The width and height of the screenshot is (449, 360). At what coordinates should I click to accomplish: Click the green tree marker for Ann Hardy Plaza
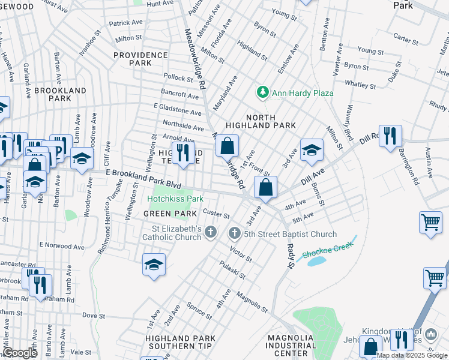point(262,92)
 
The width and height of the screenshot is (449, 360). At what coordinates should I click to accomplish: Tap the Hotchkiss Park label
point(176,199)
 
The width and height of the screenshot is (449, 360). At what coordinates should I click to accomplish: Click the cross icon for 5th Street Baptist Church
point(235,233)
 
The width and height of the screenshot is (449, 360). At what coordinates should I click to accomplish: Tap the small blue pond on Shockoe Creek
point(318,262)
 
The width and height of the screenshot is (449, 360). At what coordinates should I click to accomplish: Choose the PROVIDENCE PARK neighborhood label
point(140,59)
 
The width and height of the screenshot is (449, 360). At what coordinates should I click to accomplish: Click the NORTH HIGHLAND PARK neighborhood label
point(261,121)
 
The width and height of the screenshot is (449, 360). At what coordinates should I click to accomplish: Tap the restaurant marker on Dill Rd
point(390,136)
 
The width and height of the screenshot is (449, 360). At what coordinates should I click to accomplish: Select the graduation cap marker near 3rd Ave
point(312,151)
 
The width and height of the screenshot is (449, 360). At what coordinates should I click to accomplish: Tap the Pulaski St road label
point(232,270)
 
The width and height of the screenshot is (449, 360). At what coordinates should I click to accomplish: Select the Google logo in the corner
point(20,353)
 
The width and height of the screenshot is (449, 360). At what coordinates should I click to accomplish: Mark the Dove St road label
point(93,315)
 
